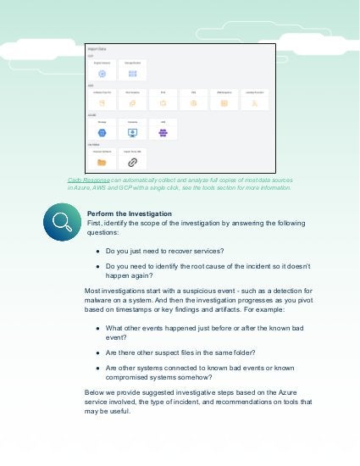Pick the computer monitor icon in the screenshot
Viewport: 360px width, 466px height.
[133, 132]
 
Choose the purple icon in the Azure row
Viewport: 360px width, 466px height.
[163, 132]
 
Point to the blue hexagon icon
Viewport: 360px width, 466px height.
[102, 132]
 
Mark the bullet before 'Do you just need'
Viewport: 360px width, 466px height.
[99, 252]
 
